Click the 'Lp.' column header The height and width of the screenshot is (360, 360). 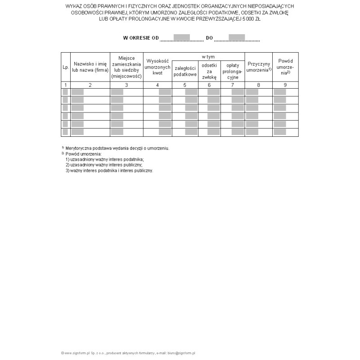pyautogui.click(x=65, y=67)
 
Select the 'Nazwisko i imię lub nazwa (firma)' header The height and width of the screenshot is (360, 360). pyautogui.click(x=90, y=67)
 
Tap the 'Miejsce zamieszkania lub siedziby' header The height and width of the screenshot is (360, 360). pyautogui.click(x=126, y=67)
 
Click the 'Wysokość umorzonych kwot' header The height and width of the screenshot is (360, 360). pyautogui.click(x=157, y=67)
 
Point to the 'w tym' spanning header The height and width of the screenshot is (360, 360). pyautogui.click(x=208, y=57)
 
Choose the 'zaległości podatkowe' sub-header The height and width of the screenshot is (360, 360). pyautogui.click(x=185, y=71)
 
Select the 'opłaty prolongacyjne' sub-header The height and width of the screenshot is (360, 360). pyautogui.click(x=233, y=71)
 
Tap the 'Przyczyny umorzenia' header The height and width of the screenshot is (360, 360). pyautogui.click(x=259, y=67)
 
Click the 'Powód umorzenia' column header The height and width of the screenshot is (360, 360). pyautogui.click(x=285, y=67)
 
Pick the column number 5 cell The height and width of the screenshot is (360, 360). pyautogui.click(x=185, y=85)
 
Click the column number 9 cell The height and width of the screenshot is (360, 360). pyautogui.click(x=285, y=85)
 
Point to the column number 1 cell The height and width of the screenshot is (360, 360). pyautogui.click(x=65, y=85)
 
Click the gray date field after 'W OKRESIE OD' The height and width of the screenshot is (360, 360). pyautogui.click(x=182, y=37)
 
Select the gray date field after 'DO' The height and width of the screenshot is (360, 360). pyautogui.click(x=237, y=37)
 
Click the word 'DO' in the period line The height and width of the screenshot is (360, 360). pyautogui.click(x=209, y=38)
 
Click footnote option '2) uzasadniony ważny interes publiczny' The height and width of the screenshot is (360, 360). pyautogui.click(x=107, y=165)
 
